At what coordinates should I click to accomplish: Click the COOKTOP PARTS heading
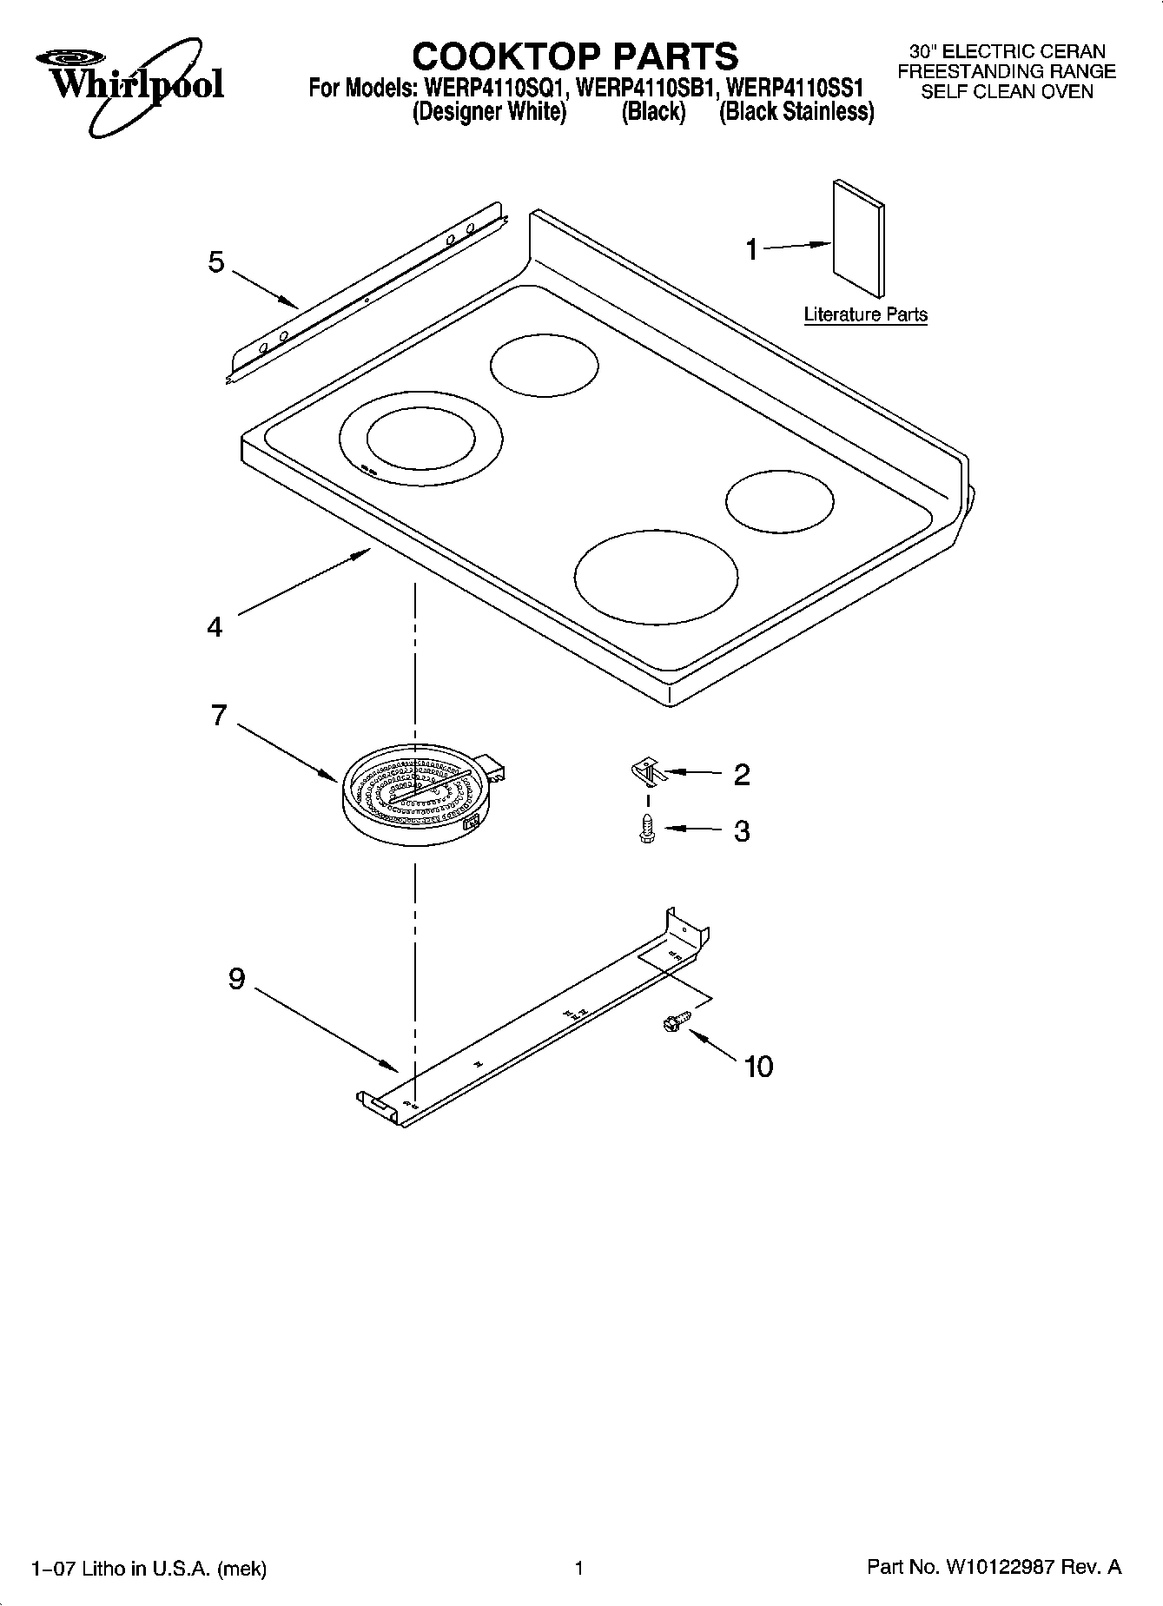click(575, 56)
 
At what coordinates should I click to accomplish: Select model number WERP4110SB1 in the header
click(645, 88)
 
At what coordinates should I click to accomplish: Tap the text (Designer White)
click(489, 111)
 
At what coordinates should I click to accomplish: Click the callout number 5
click(216, 262)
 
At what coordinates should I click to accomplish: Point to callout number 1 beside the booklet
click(752, 250)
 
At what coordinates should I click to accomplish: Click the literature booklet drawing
click(858, 237)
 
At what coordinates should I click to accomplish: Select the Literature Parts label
click(865, 314)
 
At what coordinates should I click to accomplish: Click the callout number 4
click(215, 626)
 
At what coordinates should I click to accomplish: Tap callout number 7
click(219, 715)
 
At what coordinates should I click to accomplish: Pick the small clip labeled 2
click(647, 770)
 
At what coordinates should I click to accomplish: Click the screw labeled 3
click(646, 829)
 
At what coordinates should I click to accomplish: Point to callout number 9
click(237, 979)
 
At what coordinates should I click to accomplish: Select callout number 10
click(758, 1067)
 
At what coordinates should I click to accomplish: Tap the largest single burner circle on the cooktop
click(657, 576)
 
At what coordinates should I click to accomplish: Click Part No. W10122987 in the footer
click(994, 1567)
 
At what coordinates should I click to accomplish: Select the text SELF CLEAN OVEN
click(1007, 91)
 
